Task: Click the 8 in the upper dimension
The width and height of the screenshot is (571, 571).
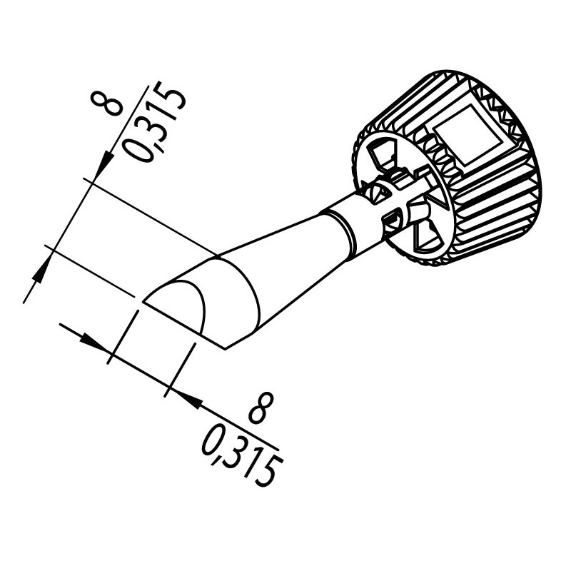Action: [106, 104]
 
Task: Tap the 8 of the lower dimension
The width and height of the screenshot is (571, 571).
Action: [261, 408]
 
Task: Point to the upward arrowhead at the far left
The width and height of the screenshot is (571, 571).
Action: [41, 271]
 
